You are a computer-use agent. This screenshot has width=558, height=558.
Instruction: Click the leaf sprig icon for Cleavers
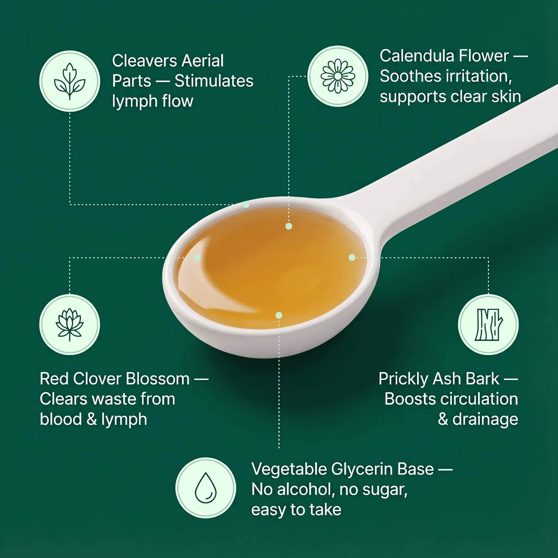tap(69, 81)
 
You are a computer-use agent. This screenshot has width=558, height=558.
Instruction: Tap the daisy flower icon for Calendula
tap(338, 76)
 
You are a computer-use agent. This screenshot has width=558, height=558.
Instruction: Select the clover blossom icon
tap(69, 325)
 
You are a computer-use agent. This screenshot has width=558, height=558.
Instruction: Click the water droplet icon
tap(206, 488)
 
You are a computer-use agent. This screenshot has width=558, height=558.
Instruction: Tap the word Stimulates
tap(214, 81)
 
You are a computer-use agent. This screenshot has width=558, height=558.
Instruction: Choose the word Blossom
tap(158, 379)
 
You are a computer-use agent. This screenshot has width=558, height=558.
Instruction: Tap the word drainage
tap(485, 420)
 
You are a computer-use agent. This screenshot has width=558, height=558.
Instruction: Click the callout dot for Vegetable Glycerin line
tap(279, 315)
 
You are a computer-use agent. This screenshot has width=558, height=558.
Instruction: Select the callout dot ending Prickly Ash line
tap(352, 257)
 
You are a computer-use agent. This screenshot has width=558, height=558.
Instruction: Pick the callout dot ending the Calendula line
tap(289, 226)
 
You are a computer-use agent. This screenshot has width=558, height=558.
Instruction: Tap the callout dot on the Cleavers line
tap(246, 205)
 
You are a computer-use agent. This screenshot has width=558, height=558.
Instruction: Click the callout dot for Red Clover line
tap(198, 257)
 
